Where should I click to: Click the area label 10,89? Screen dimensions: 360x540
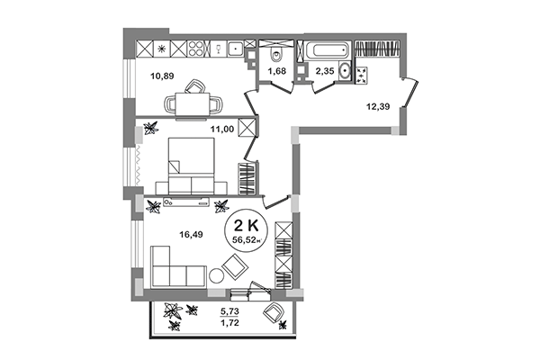pos(163,76)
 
